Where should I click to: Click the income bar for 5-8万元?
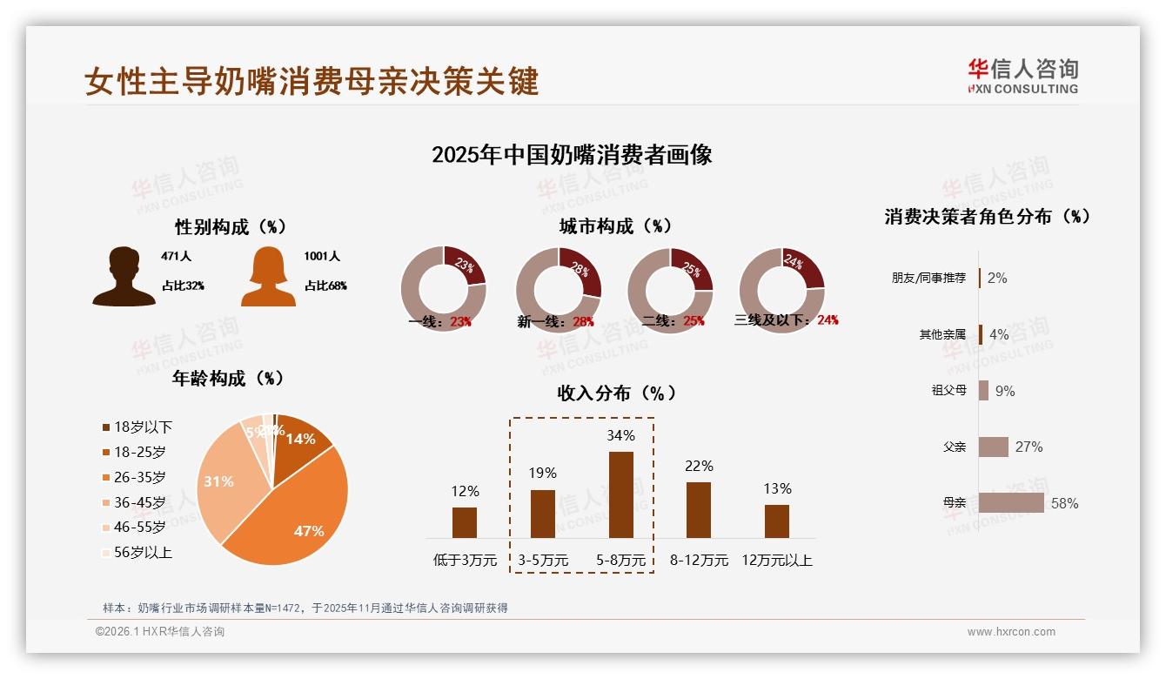tap(620, 494)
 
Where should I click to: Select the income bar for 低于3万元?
tap(465, 522)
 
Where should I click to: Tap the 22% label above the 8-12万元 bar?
tap(699, 467)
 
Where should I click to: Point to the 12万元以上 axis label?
tap(776, 561)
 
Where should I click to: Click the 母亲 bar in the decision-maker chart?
tap(1011, 503)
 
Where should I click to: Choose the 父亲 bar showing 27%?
tap(994, 447)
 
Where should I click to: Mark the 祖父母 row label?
tap(948, 391)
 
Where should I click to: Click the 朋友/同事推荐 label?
tap(928, 279)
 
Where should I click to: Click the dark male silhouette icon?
tap(124, 277)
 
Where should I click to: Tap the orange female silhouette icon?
tap(268, 277)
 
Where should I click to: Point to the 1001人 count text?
tap(322, 257)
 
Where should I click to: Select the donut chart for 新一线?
tap(558, 290)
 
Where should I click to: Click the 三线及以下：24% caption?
tap(786, 320)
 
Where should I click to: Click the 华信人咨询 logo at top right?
tap(1022, 77)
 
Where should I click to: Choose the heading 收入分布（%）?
tap(617, 393)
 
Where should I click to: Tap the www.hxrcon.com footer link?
tap(1011, 632)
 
